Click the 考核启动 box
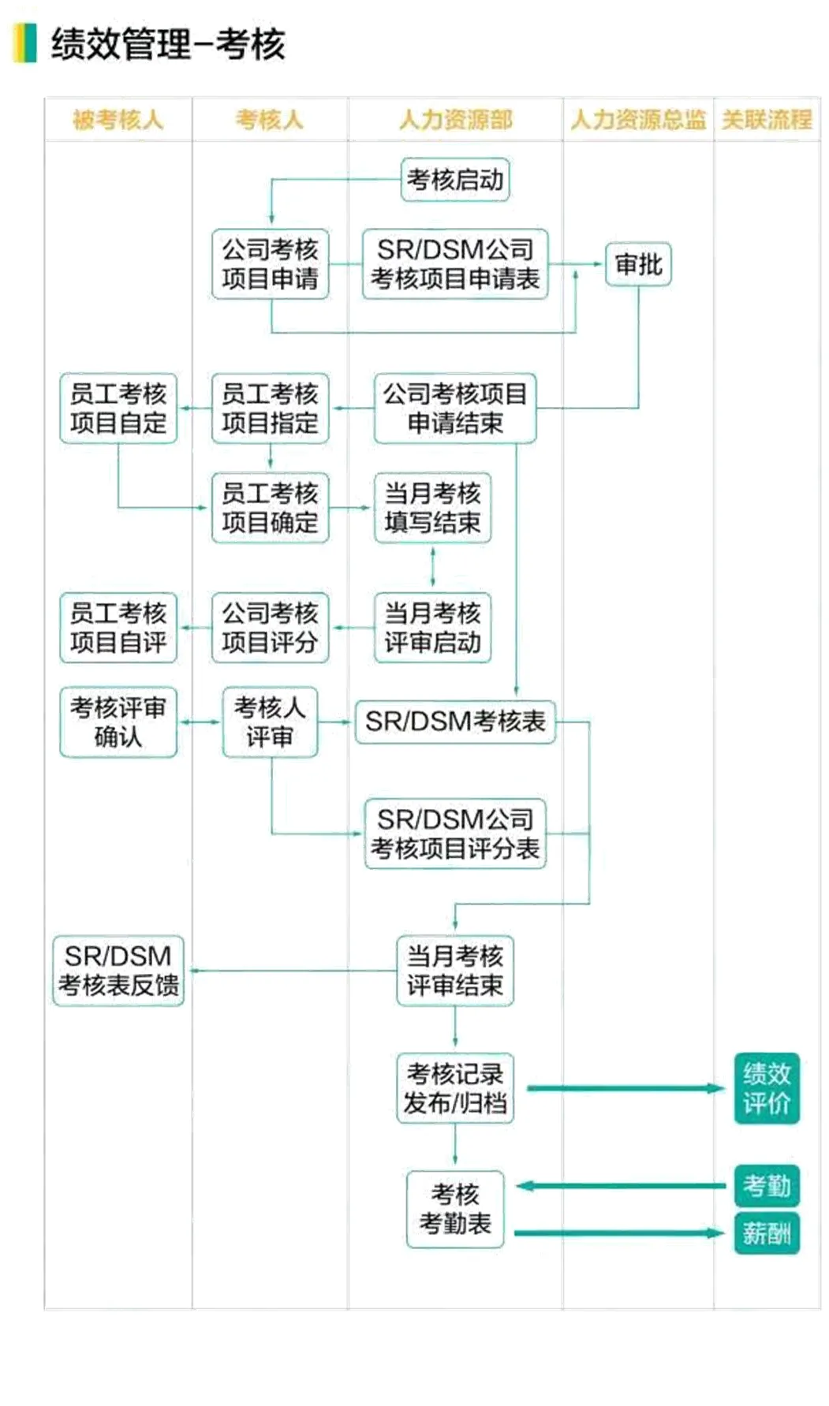pos(454,180)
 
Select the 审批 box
pos(638,264)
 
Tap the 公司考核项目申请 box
pos(270,264)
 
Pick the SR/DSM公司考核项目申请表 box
pos(454,264)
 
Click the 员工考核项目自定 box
pos(118,408)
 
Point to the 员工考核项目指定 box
pos(270,408)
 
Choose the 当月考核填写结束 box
pos(432,508)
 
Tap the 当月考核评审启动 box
pos(432,628)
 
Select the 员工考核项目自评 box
pos(118,628)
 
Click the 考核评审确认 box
pos(118,722)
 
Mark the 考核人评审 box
pos(270,722)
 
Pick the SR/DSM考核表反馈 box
pos(118,971)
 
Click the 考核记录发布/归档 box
pos(454,1088)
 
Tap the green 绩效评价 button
pos(766,1088)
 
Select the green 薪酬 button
pos(766,1233)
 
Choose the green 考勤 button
pos(766,1185)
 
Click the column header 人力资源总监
pos(637,120)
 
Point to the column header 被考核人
pos(118,120)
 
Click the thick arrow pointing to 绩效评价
pos(623,1088)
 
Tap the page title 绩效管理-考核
pos(167,44)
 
